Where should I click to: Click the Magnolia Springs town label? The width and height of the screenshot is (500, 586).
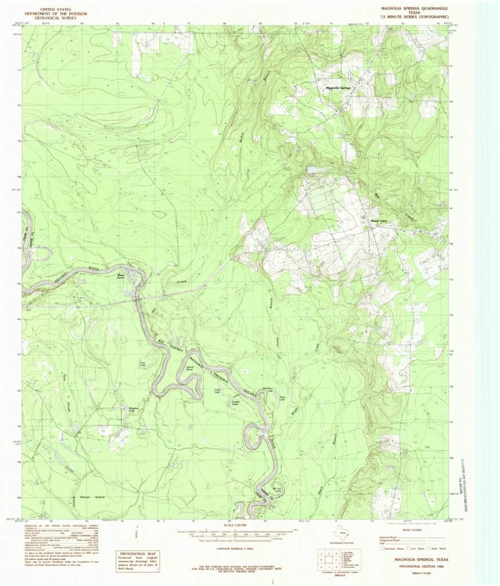[338, 88]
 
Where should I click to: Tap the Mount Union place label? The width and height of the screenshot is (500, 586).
[379, 221]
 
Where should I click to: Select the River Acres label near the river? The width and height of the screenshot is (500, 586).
[121, 277]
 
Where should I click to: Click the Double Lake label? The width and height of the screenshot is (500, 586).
[235, 403]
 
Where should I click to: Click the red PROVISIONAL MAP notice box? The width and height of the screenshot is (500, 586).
[138, 561]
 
